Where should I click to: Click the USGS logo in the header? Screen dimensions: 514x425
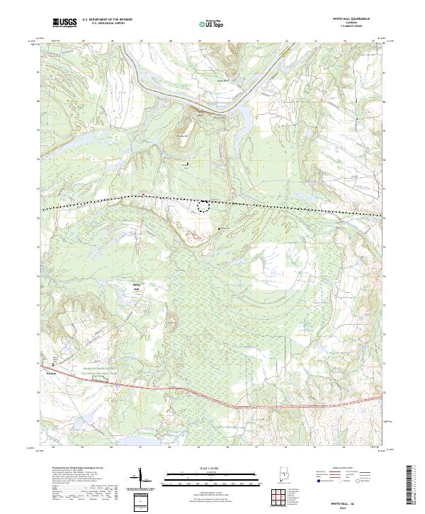point(64,23)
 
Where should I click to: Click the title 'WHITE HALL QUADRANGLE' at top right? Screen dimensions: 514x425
point(351,19)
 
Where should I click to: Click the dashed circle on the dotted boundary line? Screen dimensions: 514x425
point(205,206)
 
